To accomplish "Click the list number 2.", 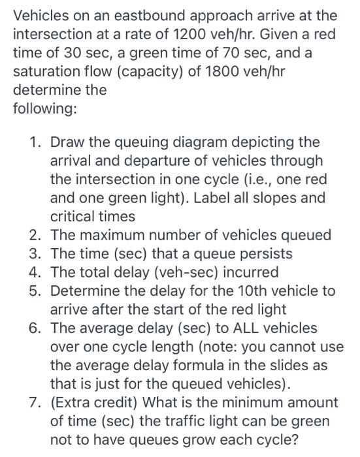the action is [x=39, y=234].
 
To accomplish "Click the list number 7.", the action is [x=39, y=402].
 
